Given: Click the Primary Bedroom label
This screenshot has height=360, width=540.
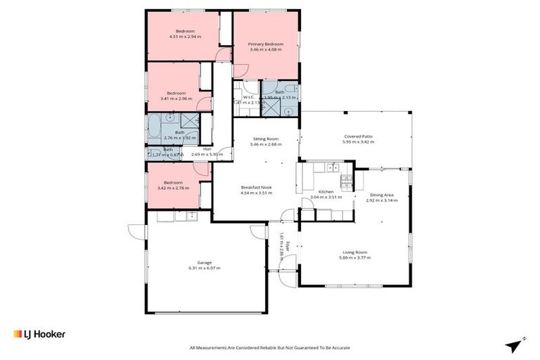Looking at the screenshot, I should (264, 44).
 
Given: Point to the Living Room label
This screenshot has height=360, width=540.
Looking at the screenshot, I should (354, 252).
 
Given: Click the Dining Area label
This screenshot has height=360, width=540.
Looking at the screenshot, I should (382, 195).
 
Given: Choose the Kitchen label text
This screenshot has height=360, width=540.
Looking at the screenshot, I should (326, 191).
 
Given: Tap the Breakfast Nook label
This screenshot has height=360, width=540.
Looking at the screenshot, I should (256, 187).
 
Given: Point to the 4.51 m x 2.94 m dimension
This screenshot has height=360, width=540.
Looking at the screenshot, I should (185, 37).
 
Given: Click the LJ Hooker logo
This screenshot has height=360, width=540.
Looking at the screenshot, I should (39, 334).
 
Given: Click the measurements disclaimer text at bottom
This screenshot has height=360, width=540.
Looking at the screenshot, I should (270, 347).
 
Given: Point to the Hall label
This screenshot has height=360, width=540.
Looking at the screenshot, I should (207, 148).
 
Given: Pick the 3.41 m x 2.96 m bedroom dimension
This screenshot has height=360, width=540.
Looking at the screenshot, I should (176, 98).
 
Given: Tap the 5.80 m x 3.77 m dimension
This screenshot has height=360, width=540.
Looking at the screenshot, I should (354, 258).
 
